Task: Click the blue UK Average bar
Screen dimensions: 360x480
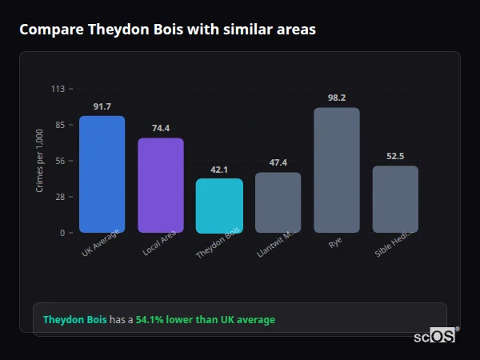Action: tap(102, 174)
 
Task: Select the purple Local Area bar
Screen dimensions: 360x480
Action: tap(161, 186)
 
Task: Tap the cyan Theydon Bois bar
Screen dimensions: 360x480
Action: tap(219, 206)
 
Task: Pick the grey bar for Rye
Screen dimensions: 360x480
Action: tap(337, 170)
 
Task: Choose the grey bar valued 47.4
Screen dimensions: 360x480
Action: tap(278, 202)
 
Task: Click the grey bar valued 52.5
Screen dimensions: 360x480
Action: tap(395, 199)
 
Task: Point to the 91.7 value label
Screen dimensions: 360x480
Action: tap(102, 106)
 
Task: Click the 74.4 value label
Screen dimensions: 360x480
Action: tap(161, 128)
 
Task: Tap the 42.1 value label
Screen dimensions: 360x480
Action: tap(219, 169)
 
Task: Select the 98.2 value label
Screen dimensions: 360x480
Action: tap(337, 98)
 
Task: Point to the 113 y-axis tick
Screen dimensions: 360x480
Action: tap(58, 89)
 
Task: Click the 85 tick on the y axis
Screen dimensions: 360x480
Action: tap(60, 125)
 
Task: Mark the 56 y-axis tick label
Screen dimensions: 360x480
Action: tap(60, 161)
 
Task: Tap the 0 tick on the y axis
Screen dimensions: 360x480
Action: tap(62, 233)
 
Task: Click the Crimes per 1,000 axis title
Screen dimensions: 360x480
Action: tap(40, 160)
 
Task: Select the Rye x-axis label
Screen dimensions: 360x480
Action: tap(334, 242)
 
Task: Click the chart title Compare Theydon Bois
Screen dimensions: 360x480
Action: tap(167, 30)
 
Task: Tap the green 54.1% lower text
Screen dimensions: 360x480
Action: tap(205, 320)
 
